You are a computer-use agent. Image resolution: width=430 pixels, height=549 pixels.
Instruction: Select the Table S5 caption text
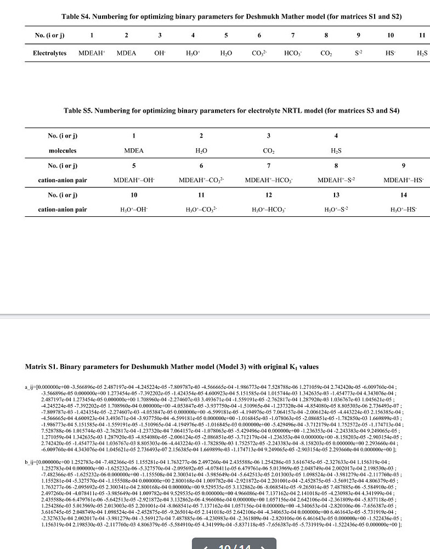231,110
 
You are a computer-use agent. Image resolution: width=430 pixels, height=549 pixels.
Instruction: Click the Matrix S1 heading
172,366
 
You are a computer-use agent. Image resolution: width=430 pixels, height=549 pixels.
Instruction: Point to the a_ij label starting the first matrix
30,388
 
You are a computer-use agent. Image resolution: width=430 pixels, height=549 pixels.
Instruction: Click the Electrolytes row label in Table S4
49,53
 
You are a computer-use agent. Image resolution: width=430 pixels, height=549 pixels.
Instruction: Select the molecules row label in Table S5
62,150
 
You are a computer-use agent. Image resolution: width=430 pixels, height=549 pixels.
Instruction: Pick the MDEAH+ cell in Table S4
92,53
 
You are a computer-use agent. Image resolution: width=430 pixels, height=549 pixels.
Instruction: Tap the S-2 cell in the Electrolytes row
358,53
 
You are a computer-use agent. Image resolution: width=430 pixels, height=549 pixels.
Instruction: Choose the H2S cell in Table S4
421,53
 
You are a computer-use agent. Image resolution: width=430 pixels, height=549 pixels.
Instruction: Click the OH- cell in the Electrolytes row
160,53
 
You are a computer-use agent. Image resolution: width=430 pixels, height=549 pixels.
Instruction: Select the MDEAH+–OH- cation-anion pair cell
133,180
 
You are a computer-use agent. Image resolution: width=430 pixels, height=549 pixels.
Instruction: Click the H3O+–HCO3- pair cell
268,209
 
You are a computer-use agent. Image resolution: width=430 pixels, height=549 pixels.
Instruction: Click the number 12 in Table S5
268,194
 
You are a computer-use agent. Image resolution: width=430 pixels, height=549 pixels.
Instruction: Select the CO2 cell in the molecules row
268,150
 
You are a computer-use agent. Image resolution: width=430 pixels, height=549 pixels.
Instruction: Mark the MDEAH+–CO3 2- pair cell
201,180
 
